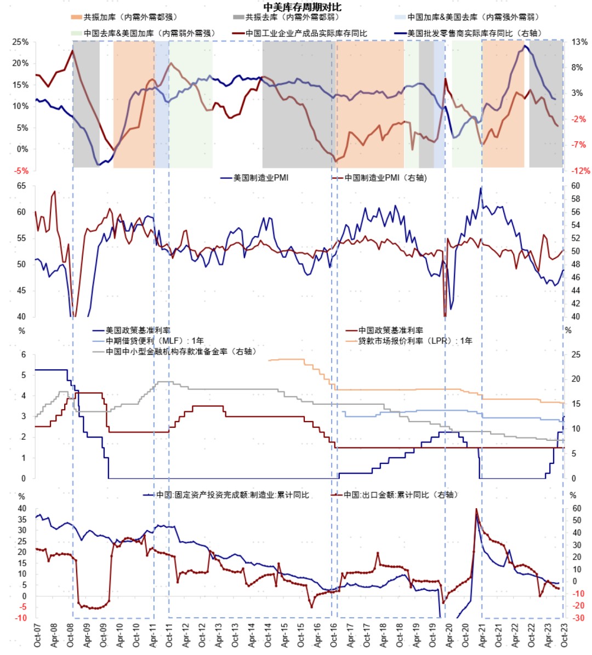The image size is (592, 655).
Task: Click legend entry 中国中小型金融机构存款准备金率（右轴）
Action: click(x=181, y=351)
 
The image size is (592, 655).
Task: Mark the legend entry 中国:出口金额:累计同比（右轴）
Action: click(x=400, y=495)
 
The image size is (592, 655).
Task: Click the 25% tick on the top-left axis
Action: click(x=21, y=42)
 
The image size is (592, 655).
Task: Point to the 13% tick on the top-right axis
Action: click(x=579, y=42)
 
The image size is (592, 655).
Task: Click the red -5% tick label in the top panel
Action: click(x=21, y=171)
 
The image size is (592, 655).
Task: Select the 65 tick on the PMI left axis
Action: click(x=21, y=186)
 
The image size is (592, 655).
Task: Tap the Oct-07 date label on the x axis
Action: click(x=37, y=635)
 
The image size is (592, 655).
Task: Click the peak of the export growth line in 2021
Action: click(x=476, y=509)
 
